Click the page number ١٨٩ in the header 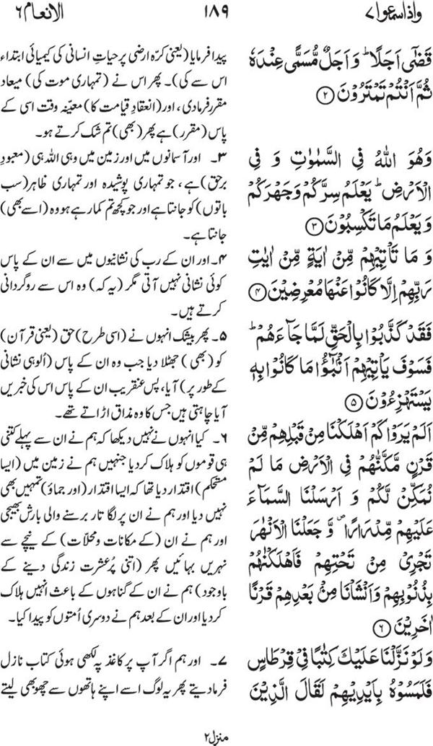(x=216, y=15)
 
